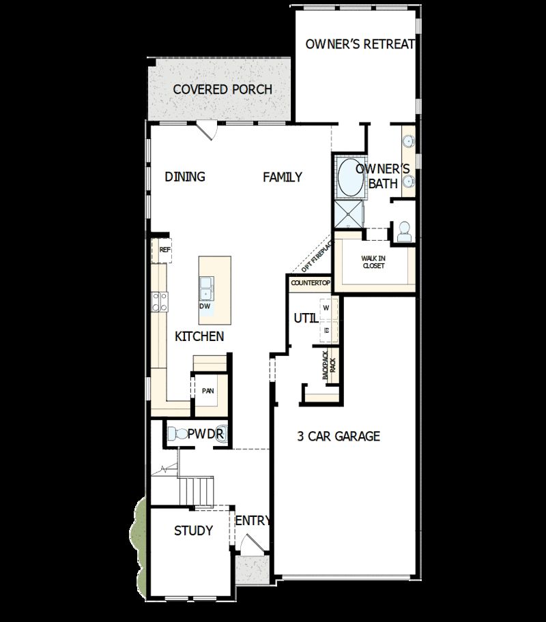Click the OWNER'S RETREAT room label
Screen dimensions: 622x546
pos(360,44)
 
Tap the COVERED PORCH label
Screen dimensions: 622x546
pos(222,89)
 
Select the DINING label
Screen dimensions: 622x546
pos(185,177)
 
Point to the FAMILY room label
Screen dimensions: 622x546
pos(283,177)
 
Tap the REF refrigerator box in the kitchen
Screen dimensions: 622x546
pos(164,250)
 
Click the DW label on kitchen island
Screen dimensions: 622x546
pos(205,306)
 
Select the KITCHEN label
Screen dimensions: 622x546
pos(199,336)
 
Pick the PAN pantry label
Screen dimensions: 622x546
pos(207,391)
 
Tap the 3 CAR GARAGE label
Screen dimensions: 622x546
pos(339,436)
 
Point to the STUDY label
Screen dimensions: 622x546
pos(193,531)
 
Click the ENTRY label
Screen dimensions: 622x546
pos(253,521)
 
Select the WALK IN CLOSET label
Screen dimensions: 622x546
pos(373,262)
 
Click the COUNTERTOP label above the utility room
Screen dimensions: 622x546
pos(311,282)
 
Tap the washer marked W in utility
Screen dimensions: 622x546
pos(326,307)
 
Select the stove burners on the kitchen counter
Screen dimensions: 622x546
pos(160,301)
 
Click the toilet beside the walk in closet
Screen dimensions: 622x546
pos(403,231)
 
